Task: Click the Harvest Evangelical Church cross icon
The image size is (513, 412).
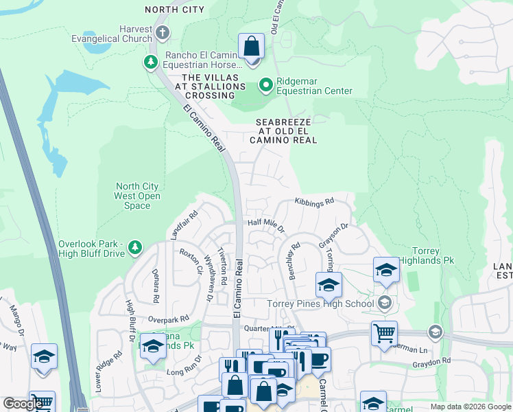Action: tap(161, 33)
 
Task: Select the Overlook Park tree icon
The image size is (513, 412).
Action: tap(135, 247)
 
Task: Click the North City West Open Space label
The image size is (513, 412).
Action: tap(137, 196)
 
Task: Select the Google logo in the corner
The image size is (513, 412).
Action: tap(23, 403)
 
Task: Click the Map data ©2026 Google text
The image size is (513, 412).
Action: tap(470, 407)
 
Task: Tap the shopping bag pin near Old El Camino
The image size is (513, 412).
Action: tap(252, 47)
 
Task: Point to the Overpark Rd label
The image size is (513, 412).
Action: tap(168, 319)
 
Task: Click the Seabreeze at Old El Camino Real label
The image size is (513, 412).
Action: tap(283, 130)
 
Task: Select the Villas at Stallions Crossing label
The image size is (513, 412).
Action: tap(210, 86)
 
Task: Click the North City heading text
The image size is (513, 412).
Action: tap(174, 9)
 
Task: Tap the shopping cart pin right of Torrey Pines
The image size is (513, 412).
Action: tap(384, 334)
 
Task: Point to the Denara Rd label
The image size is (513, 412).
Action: tap(155, 286)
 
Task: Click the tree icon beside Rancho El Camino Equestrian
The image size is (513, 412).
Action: tap(150, 63)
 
